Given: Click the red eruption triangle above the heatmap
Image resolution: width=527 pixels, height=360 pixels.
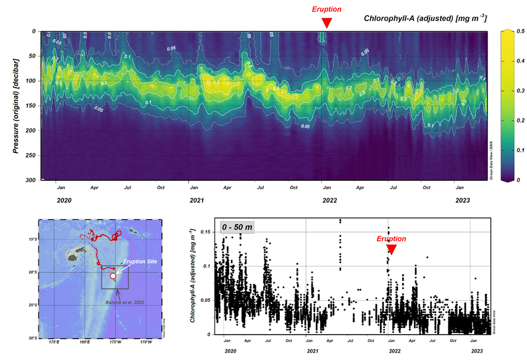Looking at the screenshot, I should (327, 23).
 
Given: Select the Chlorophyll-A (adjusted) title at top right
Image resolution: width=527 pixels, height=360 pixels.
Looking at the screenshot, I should (426, 19).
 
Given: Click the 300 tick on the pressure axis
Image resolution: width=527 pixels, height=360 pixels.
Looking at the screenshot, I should (30, 180).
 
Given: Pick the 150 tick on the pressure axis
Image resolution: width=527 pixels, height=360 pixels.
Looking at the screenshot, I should (30, 106).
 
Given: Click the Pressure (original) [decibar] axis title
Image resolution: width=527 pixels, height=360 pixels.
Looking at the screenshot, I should (15, 106).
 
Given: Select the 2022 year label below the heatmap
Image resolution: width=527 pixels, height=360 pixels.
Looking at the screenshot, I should (329, 200).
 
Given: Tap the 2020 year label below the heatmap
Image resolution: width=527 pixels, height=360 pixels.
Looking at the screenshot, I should (64, 200).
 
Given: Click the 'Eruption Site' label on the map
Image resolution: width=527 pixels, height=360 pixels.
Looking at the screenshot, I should (140, 262).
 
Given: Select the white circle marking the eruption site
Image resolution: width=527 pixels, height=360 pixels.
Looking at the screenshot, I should (112, 276).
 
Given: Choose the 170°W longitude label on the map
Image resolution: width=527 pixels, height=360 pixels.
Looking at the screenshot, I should (145, 341).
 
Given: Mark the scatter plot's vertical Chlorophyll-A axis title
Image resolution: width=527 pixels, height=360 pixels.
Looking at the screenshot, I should (194, 275).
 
